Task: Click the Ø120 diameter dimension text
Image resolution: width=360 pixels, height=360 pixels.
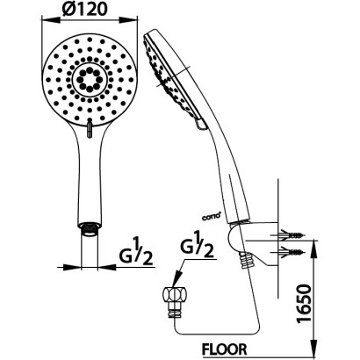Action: pyautogui.click(x=83, y=9)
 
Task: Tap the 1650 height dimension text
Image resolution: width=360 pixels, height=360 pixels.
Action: pyautogui.click(x=304, y=303)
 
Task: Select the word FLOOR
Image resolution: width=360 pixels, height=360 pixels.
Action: pyautogui.click(x=225, y=349)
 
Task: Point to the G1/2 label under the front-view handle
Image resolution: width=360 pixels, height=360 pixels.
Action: pyautogui.click(x=136, y=252)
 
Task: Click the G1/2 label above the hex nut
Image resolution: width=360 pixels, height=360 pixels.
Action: pyautogui.click(x=197, y=244)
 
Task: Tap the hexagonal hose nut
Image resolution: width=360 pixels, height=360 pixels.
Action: pyautogui.click(x=175, y=296)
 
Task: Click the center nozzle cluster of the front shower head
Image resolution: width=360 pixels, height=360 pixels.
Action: pyautogui.click(x=90, y=79)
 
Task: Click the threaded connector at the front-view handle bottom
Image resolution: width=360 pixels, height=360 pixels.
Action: pyautogui.click(x=90, y=229)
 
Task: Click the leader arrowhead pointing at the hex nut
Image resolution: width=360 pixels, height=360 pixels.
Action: pyautogui.click(x=177, y=277)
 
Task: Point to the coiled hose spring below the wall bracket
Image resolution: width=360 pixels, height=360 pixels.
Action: pyautogui.click(x=245, y=261)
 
